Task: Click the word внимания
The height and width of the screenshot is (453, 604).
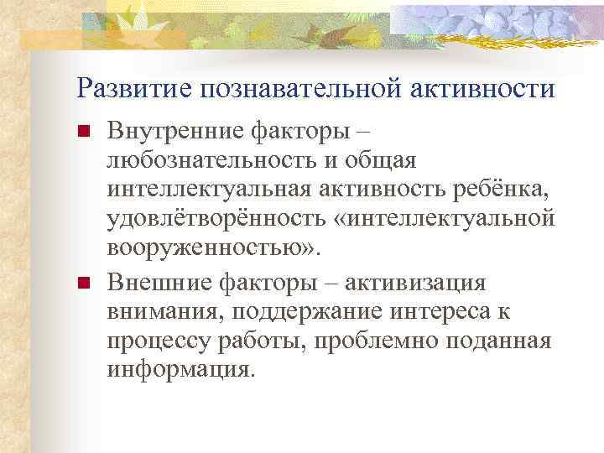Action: [x=157, y=311]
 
